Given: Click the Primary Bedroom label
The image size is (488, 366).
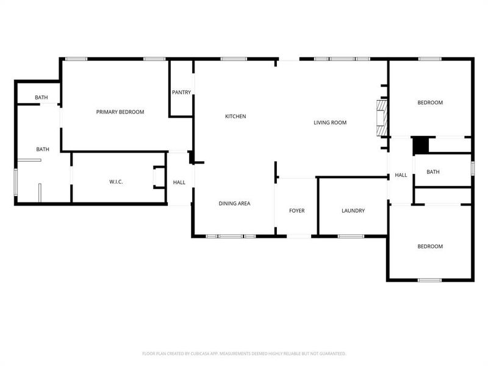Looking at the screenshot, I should coord(120,112).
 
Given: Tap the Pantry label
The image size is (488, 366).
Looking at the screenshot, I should coord(181,93).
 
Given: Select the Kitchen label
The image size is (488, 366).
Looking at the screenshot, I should coord(235,116).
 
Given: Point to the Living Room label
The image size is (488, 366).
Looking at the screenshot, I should coord(330,123).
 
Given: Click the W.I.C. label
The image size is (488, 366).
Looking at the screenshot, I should coord(117,182).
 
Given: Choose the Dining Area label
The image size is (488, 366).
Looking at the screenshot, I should coord(235,203).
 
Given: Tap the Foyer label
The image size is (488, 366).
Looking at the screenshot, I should coord(296,211).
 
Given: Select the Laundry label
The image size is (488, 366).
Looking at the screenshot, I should coord(353,211).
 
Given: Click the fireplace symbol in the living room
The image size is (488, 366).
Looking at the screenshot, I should coord(381,118).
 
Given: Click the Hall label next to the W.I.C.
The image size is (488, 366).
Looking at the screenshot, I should coord(179,182).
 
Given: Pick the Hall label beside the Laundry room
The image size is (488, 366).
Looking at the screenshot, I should coord(401,175).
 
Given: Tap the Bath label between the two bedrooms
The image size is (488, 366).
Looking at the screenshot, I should coord(433,172).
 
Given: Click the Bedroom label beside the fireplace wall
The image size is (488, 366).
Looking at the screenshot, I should coord(430,102).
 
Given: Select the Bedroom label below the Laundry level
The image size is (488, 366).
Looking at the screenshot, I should coord(430,246).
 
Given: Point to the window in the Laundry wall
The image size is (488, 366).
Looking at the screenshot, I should coord(351,235).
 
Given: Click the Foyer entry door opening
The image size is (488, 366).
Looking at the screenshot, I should coord(296,236).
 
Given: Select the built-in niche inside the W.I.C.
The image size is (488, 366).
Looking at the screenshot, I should coord(158,177).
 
